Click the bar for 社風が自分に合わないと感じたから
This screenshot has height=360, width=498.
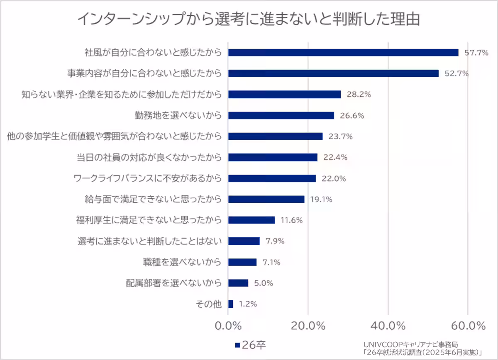click(343, 53)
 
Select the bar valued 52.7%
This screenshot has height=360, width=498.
click(333, 73)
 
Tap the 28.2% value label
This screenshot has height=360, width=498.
click(359, 95)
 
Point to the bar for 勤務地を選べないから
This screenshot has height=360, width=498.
click(281, 115)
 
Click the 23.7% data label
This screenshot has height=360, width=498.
click(341, 136)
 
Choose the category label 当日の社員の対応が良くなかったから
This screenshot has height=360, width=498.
click(149, 158)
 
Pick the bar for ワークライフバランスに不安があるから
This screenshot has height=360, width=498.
click(272, 178)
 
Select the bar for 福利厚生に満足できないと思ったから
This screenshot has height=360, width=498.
click(251, 220)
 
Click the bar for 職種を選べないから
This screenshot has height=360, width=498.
click(242, 262)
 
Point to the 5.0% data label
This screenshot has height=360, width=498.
click(263, 283)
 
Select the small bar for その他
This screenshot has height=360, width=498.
click(231, 304)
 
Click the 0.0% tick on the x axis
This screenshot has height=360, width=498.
click(228, 325)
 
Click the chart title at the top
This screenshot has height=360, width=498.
click(249, 19)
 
